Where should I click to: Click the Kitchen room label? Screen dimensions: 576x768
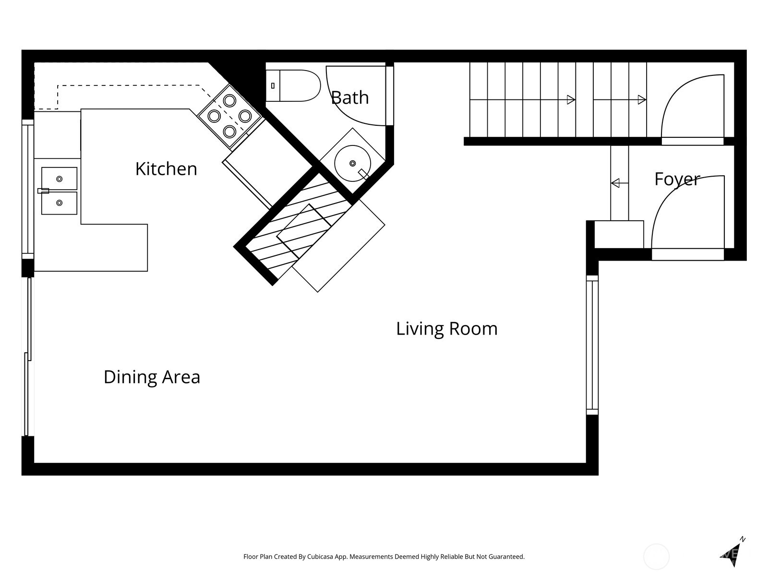pyautogui.click(x=166, y=169)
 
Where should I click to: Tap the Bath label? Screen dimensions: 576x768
pyautogui.click(x=350, y=98)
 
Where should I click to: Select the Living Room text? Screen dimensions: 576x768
pyautogui.click(x=446, y=329)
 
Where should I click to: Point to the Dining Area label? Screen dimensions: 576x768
pyautogui.click(x=152, y=377)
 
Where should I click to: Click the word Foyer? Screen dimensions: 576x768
pyautogui.click(x=677, y=179)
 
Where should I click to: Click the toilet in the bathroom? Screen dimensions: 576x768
pyautogui.click(x=293, y=85)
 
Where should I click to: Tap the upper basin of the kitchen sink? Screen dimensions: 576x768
pyautogui.click(x=59, y=179)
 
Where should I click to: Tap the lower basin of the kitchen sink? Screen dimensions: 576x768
pyautogui.click(x=59, y=203)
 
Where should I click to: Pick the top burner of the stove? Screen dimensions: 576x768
pyautogui.click(x=229, y=101)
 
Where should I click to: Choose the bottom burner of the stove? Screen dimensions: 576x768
pyautogui.click(x=229, y=131)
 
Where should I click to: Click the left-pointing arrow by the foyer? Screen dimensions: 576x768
pyautogui.click(x=615, y=183)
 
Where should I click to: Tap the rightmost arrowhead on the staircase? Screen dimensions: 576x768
pyautogui.click(x=642, y=100)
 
